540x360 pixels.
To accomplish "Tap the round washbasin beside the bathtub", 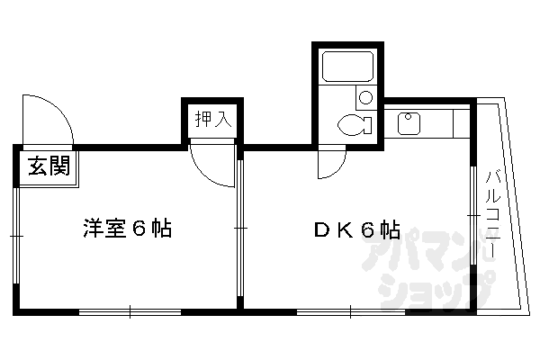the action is tap(365, 97).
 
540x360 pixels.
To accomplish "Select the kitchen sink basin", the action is tap(408, 121).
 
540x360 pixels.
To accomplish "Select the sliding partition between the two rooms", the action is tap(239, 229).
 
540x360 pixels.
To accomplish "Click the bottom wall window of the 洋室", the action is tap(131, 312).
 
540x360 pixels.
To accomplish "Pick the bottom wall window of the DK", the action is tap(350, 312).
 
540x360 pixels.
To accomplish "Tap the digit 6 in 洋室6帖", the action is tap(139, 228).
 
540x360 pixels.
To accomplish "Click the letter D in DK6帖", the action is tap(321, 229).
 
